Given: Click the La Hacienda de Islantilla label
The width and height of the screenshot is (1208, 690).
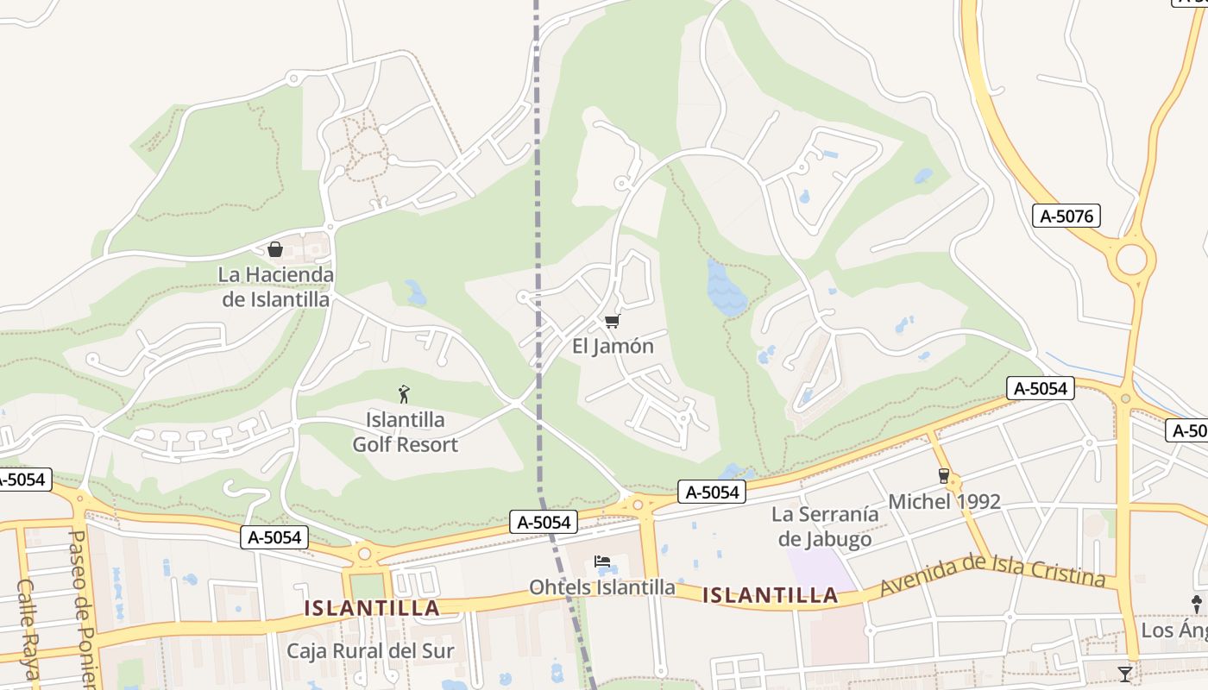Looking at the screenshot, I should click(x=276, y=287).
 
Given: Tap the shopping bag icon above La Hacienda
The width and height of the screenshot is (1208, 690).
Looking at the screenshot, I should click(x=275, y=249).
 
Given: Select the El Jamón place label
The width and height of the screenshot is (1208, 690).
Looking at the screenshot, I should click(x=613, y=347).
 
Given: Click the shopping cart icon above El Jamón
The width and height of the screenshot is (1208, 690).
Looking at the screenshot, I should click(x=612, y=322).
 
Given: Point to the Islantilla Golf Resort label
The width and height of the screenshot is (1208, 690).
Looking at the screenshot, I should click(x=405, y=432).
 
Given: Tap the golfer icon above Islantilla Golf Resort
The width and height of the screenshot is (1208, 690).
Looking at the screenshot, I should click(x=404, y=395).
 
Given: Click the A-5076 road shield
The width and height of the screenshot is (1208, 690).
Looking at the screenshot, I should click(x=1066, y=216).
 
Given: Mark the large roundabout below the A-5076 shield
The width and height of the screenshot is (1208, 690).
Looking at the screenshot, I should click(x=1130, y=259).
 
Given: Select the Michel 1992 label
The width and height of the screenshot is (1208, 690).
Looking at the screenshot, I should click(x=944, y=502).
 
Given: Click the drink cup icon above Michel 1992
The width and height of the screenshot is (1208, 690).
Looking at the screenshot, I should click(x=943, y=476).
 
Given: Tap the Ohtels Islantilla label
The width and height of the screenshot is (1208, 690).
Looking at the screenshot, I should click(x=601, y=587).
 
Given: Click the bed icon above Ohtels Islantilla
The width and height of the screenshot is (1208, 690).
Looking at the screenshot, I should click(x=602, y=562).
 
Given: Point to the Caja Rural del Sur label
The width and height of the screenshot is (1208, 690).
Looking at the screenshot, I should click(x=370, y=650).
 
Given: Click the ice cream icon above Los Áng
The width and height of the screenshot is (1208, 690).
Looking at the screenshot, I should click(x=1197, y=604).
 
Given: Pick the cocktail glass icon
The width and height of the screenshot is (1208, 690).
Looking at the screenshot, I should click(x=1125, y=674).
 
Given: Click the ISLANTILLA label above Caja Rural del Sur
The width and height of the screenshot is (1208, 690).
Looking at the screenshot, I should click(x=372, y=608).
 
